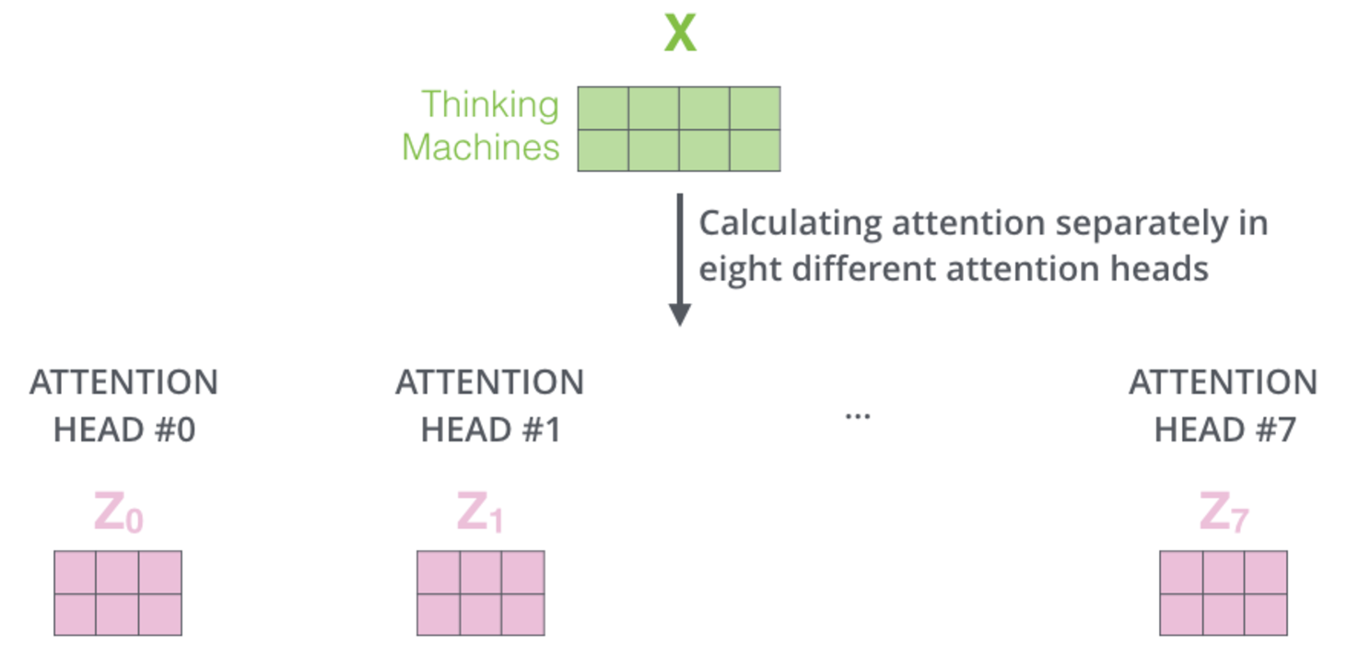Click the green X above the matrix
pyautogui.click(x=680, y=35)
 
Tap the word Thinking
pyautogui.click(x=490, y=105)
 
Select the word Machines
pyautogui.click(x=481, y=147)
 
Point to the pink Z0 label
pyautogui.click(x=118, y=513)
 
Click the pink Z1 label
pyautogui.click(x=480, y=513)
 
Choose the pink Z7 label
pyautogui.click(x=1223, y=513)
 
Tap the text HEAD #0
pyautogui.click(x=124, y=430)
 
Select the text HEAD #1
pyautogui.click(x=490, y=430)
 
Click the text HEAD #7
pyautogui.click(x=1224, y=430)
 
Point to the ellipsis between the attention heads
pyautogui.click(x=858, y=416)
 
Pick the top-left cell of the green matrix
pyautogui.click(x=603, y=109)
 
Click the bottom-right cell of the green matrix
pyautogui.click(x=755, y=150)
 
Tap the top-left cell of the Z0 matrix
pyautogui.click(x=76, y=572)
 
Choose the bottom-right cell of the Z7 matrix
pyautogui.click(x=1265, y=614)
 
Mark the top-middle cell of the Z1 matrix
pyautogui.click(x=481, y=572)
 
